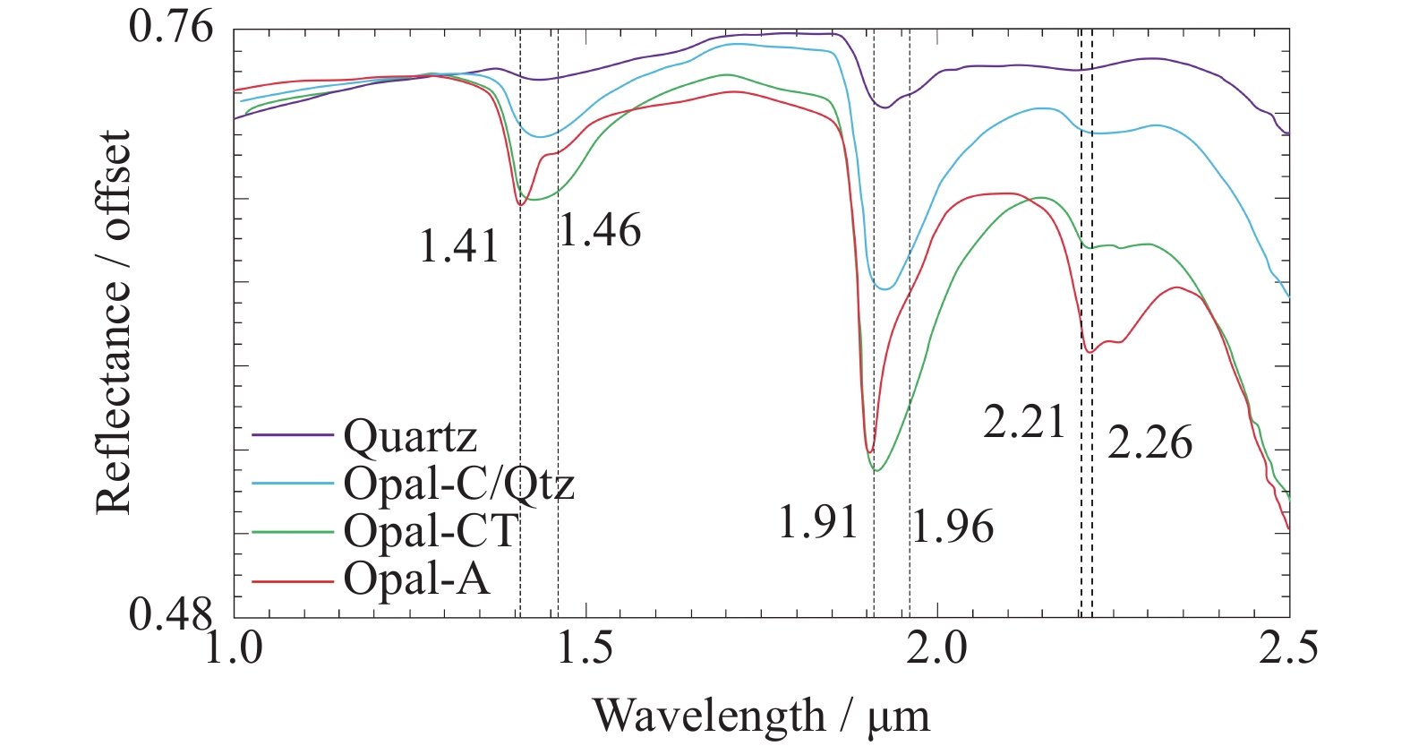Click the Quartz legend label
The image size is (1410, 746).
tap(410, 436)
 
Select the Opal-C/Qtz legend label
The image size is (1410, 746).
tap(458, 484)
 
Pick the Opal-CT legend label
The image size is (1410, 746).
tap(431, 531)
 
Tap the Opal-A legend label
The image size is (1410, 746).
tap(416, 579)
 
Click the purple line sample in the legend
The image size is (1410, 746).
tap(293, 435)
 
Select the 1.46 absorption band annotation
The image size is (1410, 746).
tap(600, 231)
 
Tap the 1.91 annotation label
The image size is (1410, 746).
tap(818, 523)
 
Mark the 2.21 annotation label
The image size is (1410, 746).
tap(1025, 422)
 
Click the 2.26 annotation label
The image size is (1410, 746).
tap(1150, 443)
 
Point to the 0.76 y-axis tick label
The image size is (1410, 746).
tap(172, 27)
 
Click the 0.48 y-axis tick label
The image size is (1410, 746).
tap(172, 614)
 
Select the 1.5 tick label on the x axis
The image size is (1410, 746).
tap(585, 647)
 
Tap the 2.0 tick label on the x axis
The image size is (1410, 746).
tap(937, 647)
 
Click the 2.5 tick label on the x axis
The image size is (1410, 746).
tap(1288, 647)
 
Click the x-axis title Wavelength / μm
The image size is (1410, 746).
tap(761, 716)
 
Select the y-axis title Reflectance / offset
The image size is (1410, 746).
tap(114, 322)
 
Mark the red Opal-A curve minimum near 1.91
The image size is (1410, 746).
tap(868, 451)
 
